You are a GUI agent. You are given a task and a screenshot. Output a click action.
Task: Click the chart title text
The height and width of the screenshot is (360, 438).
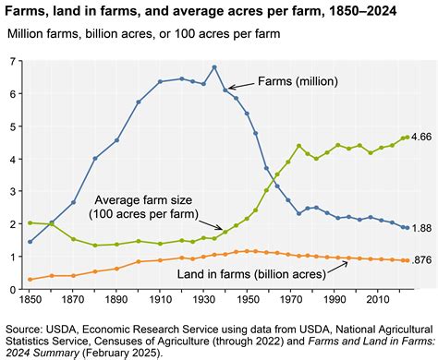pyautogui.click(x=200, y=12)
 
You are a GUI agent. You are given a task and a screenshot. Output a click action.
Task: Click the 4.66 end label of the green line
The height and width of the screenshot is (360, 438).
pyautogui.click(x=420, y=138)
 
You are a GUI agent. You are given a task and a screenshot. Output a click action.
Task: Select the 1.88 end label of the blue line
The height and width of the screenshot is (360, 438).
pyautogui.click(x=420, y=228)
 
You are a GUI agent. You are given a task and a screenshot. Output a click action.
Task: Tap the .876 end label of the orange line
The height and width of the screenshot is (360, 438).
pyautogui.click(x=420, y=261)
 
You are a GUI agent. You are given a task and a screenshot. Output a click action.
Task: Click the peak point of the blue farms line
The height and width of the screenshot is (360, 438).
pyautogui.click(x=214, y=67)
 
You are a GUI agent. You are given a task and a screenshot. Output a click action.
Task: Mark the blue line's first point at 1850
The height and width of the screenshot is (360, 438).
pyautogui.click(x=30, y=242)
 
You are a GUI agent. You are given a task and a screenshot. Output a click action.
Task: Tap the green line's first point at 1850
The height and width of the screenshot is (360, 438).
pyautogui.click(x=30, y=222)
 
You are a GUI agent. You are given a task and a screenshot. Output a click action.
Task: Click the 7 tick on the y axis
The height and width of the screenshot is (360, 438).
pyautogui.click(x=13, y=61)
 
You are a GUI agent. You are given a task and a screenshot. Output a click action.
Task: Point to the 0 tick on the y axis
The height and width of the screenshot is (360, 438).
pyautogui.click(x=13, y=289)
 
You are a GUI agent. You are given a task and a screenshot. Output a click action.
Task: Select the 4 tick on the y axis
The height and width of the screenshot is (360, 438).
pyautogui.click(x=13, y=159)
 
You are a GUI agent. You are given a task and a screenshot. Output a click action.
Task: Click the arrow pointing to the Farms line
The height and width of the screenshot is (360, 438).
pyautogui.click(x=237, y=84)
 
